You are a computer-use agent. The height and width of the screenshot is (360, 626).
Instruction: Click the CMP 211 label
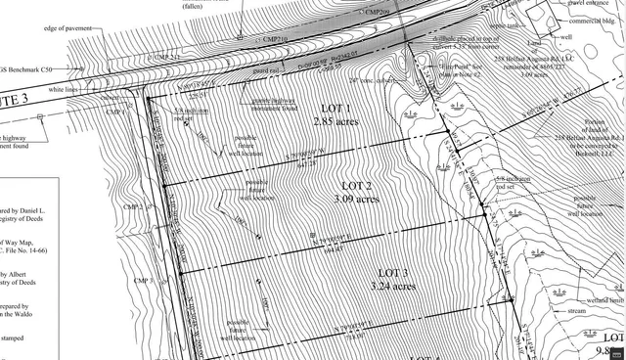click(x=167, y=58)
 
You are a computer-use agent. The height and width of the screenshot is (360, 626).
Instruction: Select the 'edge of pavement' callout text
click(x=68, y=28)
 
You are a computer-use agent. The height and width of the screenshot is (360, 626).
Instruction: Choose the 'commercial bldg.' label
click(x=596, y=21)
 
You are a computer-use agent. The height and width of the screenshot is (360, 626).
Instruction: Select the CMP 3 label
click(x=143, y=282)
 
